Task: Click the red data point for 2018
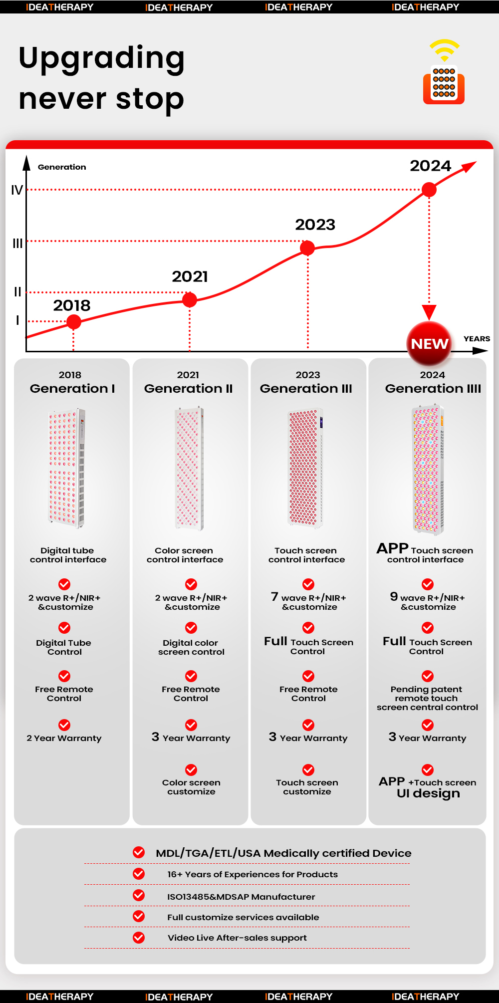pos(74,322)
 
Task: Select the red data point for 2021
pos(190,300)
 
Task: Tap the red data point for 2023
pos(307,248)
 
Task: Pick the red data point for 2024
pos(429,190)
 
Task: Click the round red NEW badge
pos(429,344)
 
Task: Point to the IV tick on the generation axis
pos(17,190)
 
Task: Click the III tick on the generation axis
pos(17,244)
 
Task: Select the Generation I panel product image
pos(67,468)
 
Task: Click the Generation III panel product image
pos(306,468)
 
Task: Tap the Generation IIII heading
pos(433,389)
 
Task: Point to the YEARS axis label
pos(477,339)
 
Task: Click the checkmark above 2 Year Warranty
pos(64,725)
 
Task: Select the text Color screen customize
pos(191,787)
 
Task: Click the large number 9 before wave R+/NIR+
pos(394,596)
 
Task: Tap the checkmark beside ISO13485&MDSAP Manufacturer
pos(139,895)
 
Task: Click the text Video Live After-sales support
pos(237,938)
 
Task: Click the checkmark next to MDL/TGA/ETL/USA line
pos(139,852)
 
